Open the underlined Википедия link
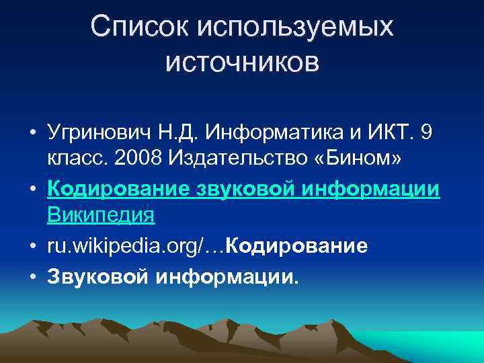click(101, 216)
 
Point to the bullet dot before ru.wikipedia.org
click(33, 246)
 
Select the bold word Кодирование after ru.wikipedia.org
click(298, 246)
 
